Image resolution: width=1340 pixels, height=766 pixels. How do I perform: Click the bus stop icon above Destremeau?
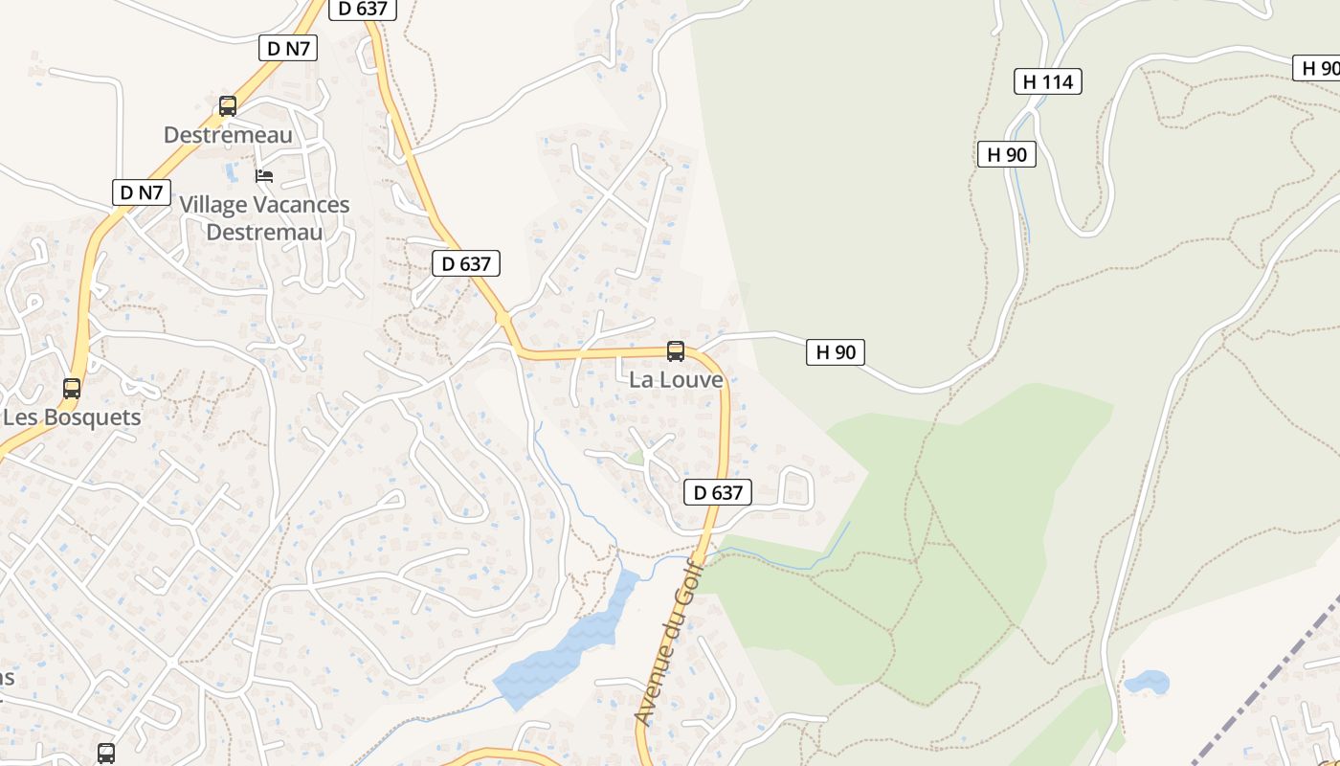(x=228, y=106)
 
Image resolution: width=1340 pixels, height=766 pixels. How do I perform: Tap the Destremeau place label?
(x=228, y=135)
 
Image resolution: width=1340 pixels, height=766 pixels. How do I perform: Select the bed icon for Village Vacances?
(x=264, y=176)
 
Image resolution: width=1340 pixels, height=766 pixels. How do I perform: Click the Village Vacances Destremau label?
(x=264, y=218)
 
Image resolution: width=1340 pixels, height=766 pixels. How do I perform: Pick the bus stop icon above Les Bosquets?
(x=72, y=389)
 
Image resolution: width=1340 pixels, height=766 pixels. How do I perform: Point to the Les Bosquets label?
(x=72, y=417)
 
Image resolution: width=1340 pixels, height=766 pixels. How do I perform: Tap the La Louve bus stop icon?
(x=676, y=351)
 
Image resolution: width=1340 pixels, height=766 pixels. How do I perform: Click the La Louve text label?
(x=676, y=380)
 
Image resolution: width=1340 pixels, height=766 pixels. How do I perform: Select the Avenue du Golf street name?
(x=668, y=643)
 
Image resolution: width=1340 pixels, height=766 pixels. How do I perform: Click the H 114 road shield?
(x=1048, y=82)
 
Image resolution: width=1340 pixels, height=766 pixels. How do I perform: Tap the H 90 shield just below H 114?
(x=1007, y=154)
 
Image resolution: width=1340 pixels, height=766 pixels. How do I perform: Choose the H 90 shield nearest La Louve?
(x=836, y=352)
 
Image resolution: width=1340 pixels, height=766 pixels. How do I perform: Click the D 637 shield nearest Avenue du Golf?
(x=718, y=493)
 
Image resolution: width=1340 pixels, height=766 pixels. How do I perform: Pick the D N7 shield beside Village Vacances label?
(x=142, y=192)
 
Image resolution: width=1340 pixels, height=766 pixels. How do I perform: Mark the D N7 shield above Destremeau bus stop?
(x=288, y=48)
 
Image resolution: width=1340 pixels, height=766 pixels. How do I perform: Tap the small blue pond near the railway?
(x=1147, y=683)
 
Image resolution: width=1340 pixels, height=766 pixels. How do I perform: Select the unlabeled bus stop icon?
(x=106, y=754)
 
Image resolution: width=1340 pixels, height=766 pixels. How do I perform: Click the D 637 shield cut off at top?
(x=362, y=9)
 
